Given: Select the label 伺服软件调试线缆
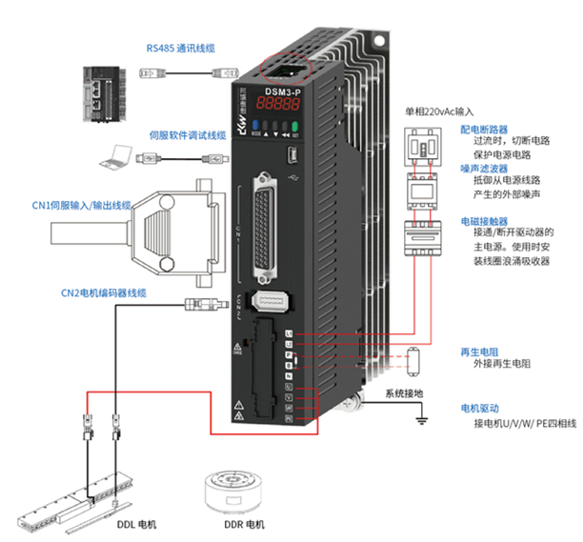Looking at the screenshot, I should [186, 136].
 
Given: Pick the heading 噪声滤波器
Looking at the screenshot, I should [481, 168].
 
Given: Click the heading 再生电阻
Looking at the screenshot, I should [476, 351].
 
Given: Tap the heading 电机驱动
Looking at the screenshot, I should [477, 408].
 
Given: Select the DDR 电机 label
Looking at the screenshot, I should [242, 524].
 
